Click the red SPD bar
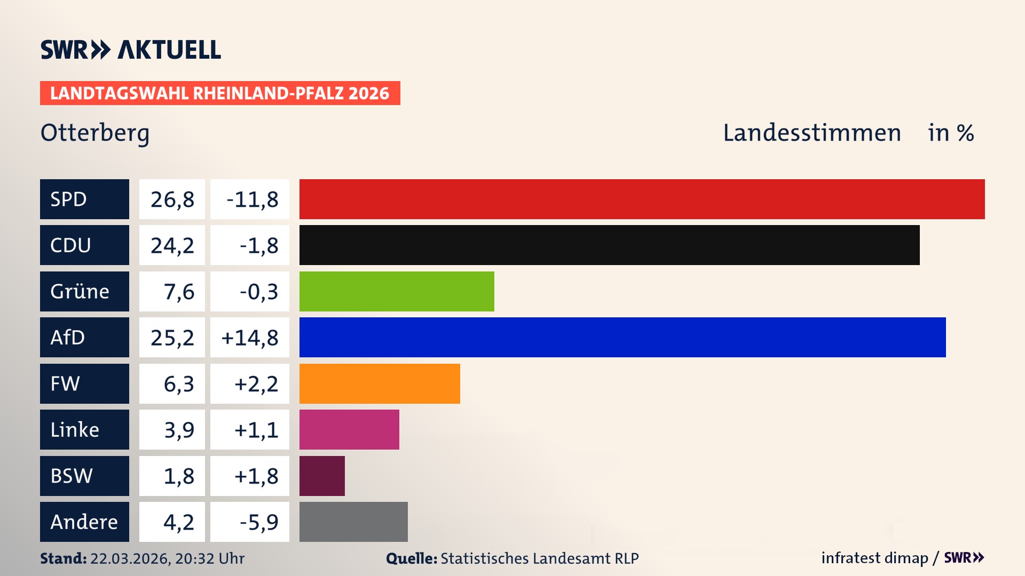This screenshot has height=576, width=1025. (642, 199)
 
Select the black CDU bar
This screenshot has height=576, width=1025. (609, 245)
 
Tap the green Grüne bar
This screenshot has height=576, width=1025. (397, 291)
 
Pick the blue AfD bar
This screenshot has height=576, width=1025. (622, 337)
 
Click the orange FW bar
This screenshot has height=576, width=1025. (380, 383)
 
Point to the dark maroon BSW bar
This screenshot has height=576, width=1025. (322, 476)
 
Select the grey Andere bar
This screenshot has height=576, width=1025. (353, 522)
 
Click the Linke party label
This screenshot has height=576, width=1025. (75, 430)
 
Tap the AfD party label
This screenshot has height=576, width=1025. (68, 338)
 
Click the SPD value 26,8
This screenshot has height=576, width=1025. (172, 199)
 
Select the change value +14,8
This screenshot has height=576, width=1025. (250, 338)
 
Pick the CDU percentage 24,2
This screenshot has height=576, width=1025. (172, 245)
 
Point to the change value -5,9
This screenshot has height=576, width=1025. (258, 522)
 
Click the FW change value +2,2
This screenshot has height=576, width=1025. (256, 384)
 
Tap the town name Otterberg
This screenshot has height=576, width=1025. (95, 133)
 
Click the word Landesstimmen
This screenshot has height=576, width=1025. (811, 133)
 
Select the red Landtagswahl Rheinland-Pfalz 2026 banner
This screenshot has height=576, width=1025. (220, 93)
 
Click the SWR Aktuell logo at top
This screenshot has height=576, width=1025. (131, 50)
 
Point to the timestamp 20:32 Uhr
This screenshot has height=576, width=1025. (209, 558)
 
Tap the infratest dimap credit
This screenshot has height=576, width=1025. (874, 558)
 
